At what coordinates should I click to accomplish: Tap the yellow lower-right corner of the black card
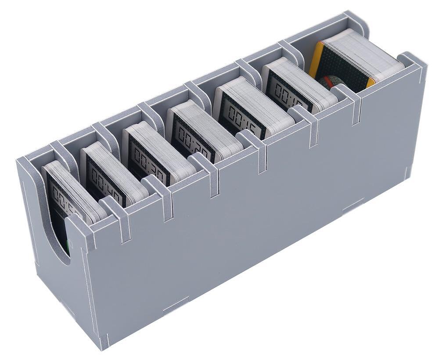coord(371,82)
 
